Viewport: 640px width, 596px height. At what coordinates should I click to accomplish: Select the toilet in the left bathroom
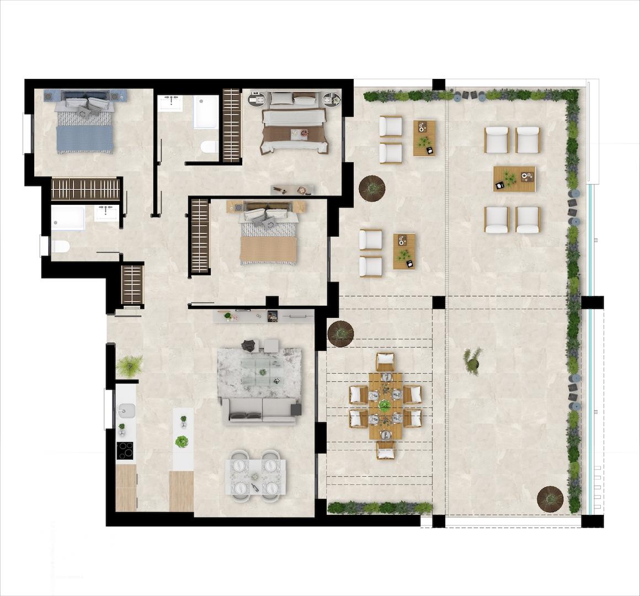[x=59, y=246]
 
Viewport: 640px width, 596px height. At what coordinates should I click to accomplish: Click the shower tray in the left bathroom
[x=68, y=218]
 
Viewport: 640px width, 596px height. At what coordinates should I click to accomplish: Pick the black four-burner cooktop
[x=125, y=451]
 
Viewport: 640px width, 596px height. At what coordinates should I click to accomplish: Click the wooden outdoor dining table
[x=385, y=406]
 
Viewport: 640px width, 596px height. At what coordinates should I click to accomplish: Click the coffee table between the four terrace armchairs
[x=514, y=179]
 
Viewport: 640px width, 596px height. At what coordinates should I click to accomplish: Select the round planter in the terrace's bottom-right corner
[x=550, y=498]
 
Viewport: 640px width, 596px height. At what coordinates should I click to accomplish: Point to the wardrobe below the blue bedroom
[x=86, y=189]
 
